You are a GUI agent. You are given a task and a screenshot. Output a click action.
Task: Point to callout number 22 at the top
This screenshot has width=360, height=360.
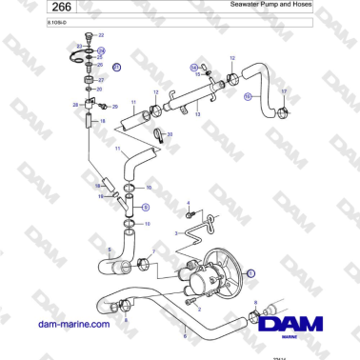tap(101, 34)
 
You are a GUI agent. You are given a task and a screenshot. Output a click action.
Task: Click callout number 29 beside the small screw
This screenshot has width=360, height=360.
tap(115, 108)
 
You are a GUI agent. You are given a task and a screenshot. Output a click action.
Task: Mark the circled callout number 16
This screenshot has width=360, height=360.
tap(248, 96)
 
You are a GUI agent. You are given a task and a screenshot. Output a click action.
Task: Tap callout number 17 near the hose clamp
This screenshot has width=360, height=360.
tap(283, 90)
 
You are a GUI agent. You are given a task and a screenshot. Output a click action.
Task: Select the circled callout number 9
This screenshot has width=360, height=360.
tap(145, 205)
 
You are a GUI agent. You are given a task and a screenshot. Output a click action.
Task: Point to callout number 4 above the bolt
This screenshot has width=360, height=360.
tap(189, 202)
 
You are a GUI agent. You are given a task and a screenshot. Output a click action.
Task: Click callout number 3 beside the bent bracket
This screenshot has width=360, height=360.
tap(175, 231)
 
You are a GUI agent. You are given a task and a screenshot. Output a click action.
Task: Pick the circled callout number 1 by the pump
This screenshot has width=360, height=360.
tap(250, 272)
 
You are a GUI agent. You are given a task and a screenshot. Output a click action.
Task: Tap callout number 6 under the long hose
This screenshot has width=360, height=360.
tap(185, 335)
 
